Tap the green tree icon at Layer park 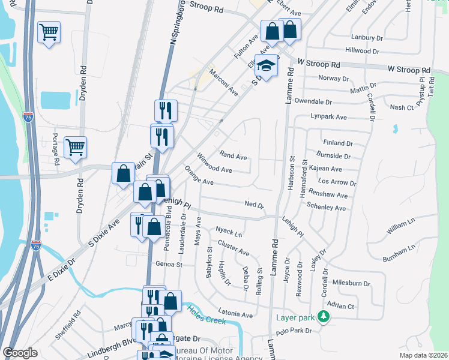[x=324, y=316]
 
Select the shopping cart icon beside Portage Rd [x=75, y=147]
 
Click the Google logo [x=20, y=353]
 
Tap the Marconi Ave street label [x=223, y=83]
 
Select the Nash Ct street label [x=402, y=107]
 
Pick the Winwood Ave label [x=214, y=165]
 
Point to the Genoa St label [x=168, y=264]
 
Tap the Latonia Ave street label [x=235, y=314]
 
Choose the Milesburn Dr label [x=351, y=283]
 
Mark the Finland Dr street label [x=337, y=143]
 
